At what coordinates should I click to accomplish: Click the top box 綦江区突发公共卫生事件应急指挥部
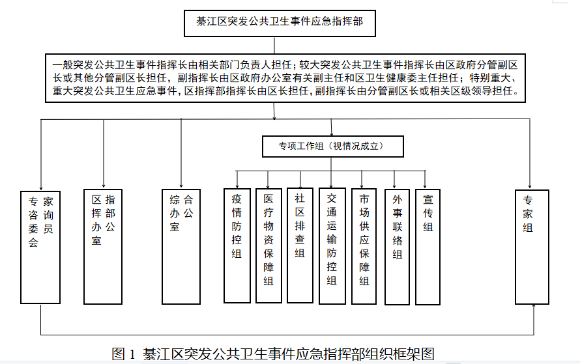click(x=280, y=23)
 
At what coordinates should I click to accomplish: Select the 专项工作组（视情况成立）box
click(x=332, y=147)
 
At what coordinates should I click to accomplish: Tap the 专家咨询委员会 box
click(x=40, y=247)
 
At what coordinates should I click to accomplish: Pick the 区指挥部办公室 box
click(x=103, y=247)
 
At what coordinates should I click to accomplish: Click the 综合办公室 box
click(x=181, y=247)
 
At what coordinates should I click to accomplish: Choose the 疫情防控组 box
click(x=237, y=245)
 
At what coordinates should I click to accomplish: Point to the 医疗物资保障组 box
click(x=268, y=245)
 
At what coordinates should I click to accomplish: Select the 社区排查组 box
click(x=300, y=245)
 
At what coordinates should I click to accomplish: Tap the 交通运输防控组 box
click(x=332, y=246)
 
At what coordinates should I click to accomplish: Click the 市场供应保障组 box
click(x=364, y=247)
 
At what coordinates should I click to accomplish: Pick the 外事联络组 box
click(x=397, y=247)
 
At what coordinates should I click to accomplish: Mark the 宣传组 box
click(x=428, y=247)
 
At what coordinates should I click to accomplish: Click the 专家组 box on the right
click(x=532, y=247)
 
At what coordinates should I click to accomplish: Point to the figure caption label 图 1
click(x=124, y=354)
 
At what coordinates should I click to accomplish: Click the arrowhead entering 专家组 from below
click(x=534, y=306)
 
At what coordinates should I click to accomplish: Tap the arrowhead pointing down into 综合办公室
click(x=181, y=186)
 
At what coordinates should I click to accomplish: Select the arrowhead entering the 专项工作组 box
click(x=332, y=133)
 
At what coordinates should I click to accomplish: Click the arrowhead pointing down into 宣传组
click(x=425, y=186)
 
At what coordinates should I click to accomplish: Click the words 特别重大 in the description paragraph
click(x=490, y=77)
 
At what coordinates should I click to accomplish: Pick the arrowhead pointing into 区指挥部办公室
click(x=104, y=186)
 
